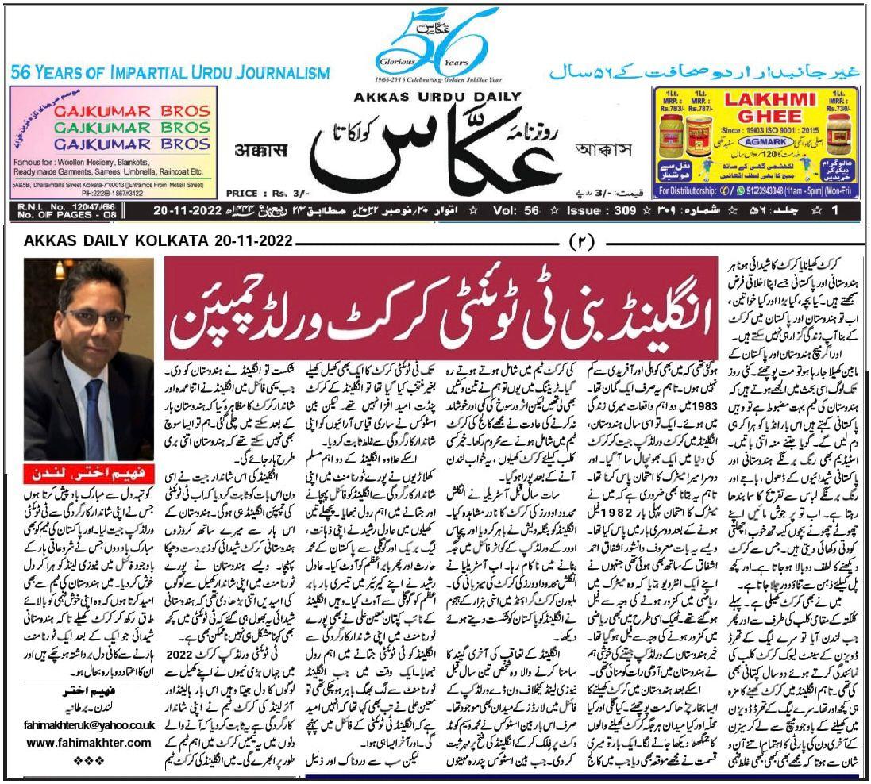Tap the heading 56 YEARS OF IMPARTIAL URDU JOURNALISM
tap(170, 74)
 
